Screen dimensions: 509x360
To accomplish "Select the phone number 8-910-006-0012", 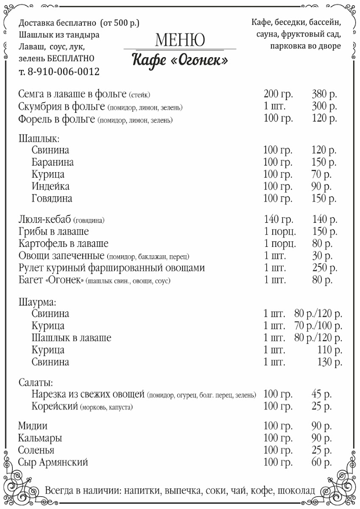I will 63,72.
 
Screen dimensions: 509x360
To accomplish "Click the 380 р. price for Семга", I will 324,94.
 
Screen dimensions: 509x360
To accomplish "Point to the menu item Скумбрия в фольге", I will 61,106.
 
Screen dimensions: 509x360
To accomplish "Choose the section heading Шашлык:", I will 39,138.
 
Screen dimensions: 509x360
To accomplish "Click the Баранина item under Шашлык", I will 53,162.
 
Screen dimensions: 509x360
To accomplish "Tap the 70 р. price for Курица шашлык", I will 321,174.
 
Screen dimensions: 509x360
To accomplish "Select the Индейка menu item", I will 50,186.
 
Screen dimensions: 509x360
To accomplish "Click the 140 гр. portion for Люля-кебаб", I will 278,219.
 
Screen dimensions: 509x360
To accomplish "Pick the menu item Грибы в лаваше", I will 54,232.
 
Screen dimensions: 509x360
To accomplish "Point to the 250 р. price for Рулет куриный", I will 324,268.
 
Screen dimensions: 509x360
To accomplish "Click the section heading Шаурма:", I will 38,302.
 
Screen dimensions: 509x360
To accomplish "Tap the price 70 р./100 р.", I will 318,326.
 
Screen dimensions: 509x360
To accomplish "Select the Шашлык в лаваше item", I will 71,338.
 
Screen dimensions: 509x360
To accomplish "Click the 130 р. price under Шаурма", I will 330,362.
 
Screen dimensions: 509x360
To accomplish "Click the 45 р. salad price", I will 321,394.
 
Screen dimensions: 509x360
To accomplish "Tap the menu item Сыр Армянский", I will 53,462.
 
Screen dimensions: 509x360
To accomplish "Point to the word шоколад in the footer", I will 297,491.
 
